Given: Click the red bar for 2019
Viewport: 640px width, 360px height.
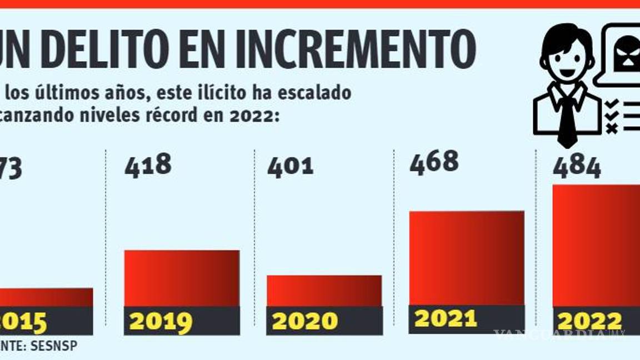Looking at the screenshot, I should (182, 278).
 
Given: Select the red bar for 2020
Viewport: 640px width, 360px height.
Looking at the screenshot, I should (324, 291).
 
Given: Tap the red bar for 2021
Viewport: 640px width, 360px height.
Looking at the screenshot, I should (467, 258).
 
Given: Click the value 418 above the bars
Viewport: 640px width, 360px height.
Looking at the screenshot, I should (148, 166).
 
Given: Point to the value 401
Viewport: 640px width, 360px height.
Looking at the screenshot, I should (291, 167).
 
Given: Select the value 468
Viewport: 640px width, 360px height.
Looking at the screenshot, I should (434, 162).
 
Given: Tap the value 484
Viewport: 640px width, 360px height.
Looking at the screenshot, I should (577, 167).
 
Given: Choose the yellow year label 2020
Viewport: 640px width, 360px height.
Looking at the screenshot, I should (304, 322).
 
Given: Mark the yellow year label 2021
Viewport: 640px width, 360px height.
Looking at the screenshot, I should (446, 318).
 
